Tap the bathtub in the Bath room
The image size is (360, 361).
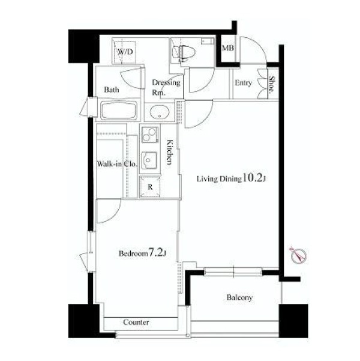point(119,111)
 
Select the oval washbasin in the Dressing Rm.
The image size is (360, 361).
point(160,112)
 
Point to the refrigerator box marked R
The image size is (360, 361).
point(150,186)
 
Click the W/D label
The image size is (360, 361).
point(125,52)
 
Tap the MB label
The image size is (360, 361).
point(228,48)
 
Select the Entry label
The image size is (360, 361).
point(244,83)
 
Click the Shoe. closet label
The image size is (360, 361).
point(272,85)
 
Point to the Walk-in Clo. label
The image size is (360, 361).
point(117,164)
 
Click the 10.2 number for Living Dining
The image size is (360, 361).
point(253,178)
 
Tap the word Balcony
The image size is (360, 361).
point(239,297)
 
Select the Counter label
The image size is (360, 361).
point(136,322)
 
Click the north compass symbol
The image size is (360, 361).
point(298,255)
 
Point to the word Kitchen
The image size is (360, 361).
point(169,152)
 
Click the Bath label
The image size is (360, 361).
point(112,89)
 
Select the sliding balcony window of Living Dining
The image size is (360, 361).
point(233,272)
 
